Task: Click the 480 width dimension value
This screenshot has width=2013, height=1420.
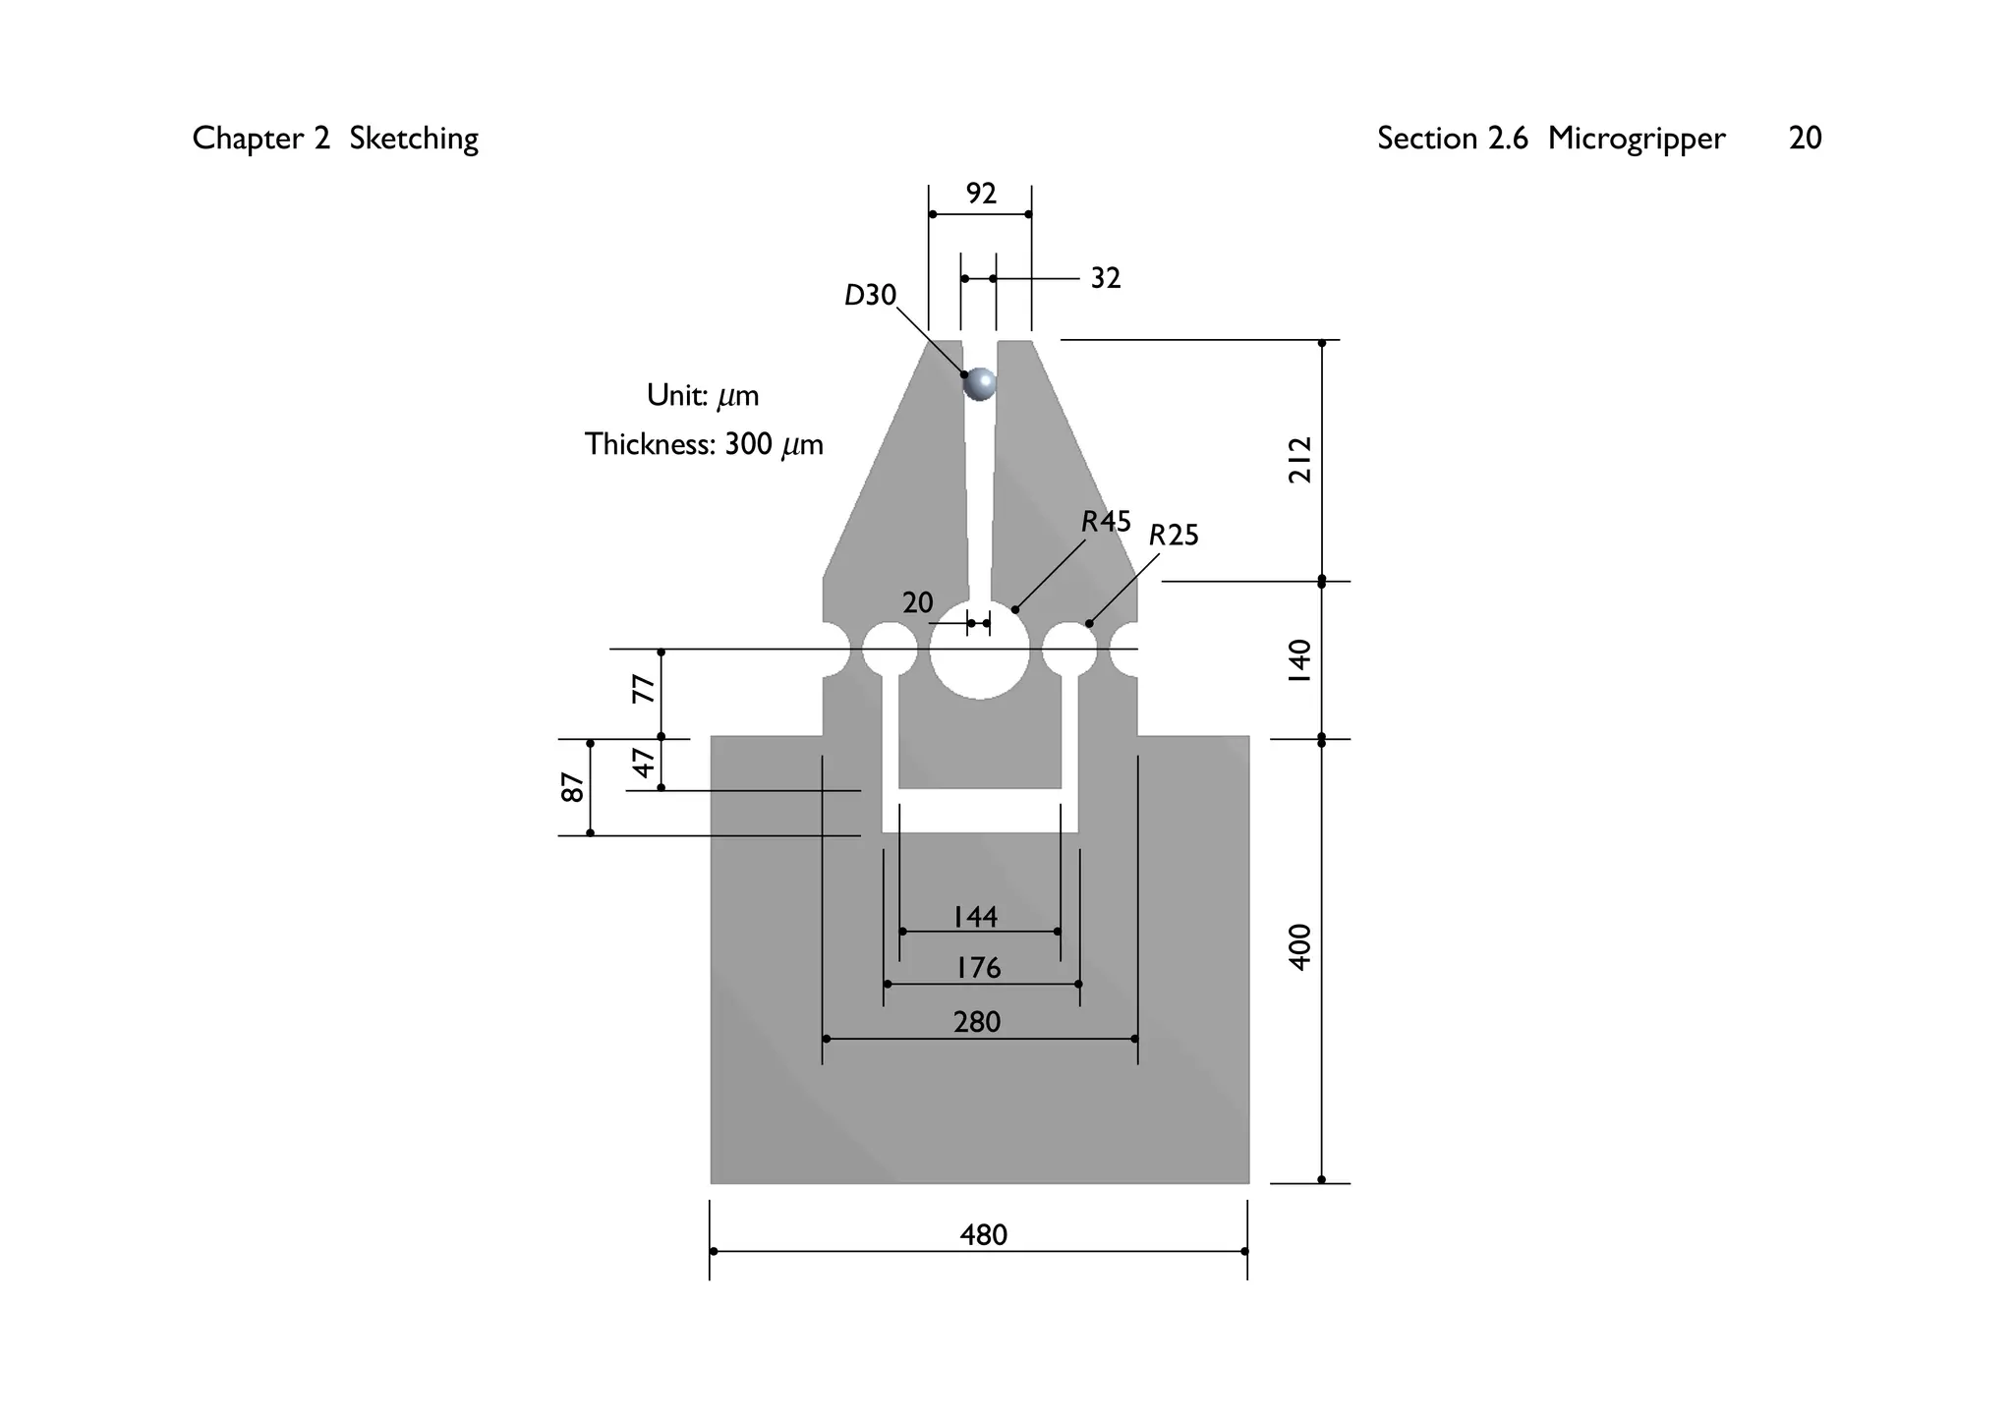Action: point(983,1234)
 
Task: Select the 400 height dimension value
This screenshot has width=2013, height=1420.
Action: point(1299,947)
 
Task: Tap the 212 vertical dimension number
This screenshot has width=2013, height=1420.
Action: point(1299,460)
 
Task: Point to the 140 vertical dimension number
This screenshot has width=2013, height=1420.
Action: point(1299,661)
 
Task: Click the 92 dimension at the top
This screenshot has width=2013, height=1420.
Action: point(981,194)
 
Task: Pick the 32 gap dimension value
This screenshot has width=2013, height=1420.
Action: point(1106,279)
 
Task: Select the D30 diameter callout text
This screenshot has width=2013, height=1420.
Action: point(870,295)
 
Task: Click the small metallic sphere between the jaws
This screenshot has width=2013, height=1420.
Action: point(980,383)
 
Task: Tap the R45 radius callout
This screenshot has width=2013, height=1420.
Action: point(1106,522)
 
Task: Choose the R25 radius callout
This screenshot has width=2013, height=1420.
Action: point(1174,536)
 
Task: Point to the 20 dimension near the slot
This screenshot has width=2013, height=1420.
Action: point(917,602)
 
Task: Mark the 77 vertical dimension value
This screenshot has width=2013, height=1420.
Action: point(643,689)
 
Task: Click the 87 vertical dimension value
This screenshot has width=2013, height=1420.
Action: point(572,787)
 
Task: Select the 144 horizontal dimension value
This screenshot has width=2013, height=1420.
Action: point(975,917)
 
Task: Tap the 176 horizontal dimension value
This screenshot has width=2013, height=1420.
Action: point(978,969)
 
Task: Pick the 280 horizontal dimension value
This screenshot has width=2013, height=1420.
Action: point(977,1023)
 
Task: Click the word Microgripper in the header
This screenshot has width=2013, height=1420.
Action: point(1636,139)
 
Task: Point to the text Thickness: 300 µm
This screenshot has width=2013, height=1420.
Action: point(704,445)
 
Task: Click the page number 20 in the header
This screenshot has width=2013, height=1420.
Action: point(1805,139)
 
